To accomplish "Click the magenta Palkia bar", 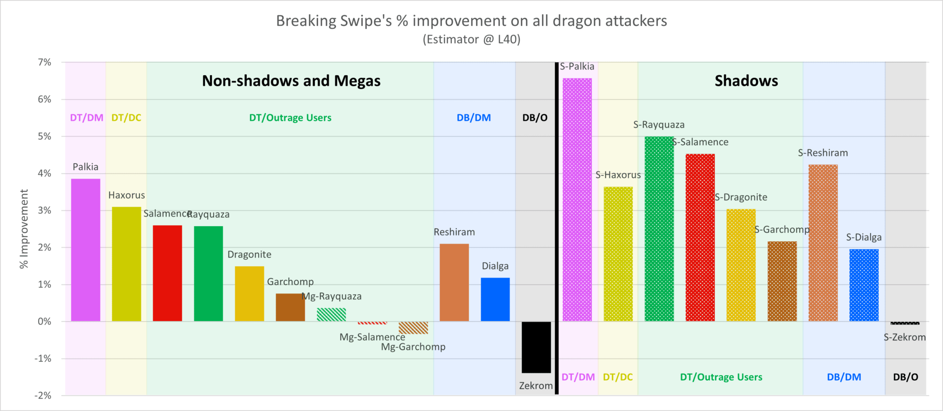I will point(86,250).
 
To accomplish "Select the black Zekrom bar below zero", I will point(536,347).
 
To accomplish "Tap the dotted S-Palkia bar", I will point(577,200).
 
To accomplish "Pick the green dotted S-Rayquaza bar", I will point(659,229).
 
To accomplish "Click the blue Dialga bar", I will point(495,299).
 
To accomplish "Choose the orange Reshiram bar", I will point(454,282).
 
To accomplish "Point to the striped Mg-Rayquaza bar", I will point(331,314).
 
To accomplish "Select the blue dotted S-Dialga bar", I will point(864,285).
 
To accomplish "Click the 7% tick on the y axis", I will point(45,62).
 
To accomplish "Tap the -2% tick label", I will point(43,395).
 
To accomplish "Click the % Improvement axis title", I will point(24,229).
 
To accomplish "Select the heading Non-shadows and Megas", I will point(291,81).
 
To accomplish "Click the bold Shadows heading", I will point(746,81).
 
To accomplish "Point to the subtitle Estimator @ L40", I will point(471,40).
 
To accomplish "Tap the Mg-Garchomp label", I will point(413,346).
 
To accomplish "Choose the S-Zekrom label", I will point(904,337).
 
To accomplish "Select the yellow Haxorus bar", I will point(127,264).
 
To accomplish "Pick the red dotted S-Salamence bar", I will point(700,237).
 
